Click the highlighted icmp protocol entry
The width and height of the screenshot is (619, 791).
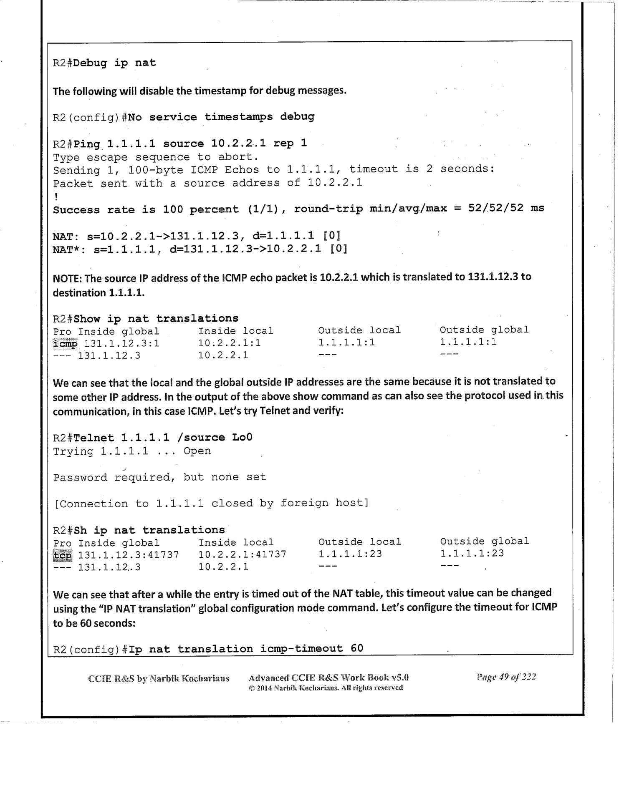tap(65, 344)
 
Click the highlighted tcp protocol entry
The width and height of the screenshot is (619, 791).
tap(63, 555)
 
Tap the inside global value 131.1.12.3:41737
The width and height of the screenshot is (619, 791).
tap(129, 555)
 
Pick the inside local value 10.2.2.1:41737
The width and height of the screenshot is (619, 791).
tap(242, 554)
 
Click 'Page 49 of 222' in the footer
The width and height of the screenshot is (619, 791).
tap(506, 677)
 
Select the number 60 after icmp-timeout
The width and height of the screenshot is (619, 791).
tap(357, 649)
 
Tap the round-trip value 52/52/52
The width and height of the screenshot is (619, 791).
tap(495, 208)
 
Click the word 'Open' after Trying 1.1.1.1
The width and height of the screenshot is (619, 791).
tap(197, 451)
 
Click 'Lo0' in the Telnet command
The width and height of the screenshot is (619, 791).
tap(242, 438)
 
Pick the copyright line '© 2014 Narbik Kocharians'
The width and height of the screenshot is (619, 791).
tap(326, 688)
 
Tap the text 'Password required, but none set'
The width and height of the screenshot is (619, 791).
tap(159, 477)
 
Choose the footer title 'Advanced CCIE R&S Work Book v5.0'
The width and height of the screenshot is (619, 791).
tap(328, 677)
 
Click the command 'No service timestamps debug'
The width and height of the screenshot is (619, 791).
tap(221, 117)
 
